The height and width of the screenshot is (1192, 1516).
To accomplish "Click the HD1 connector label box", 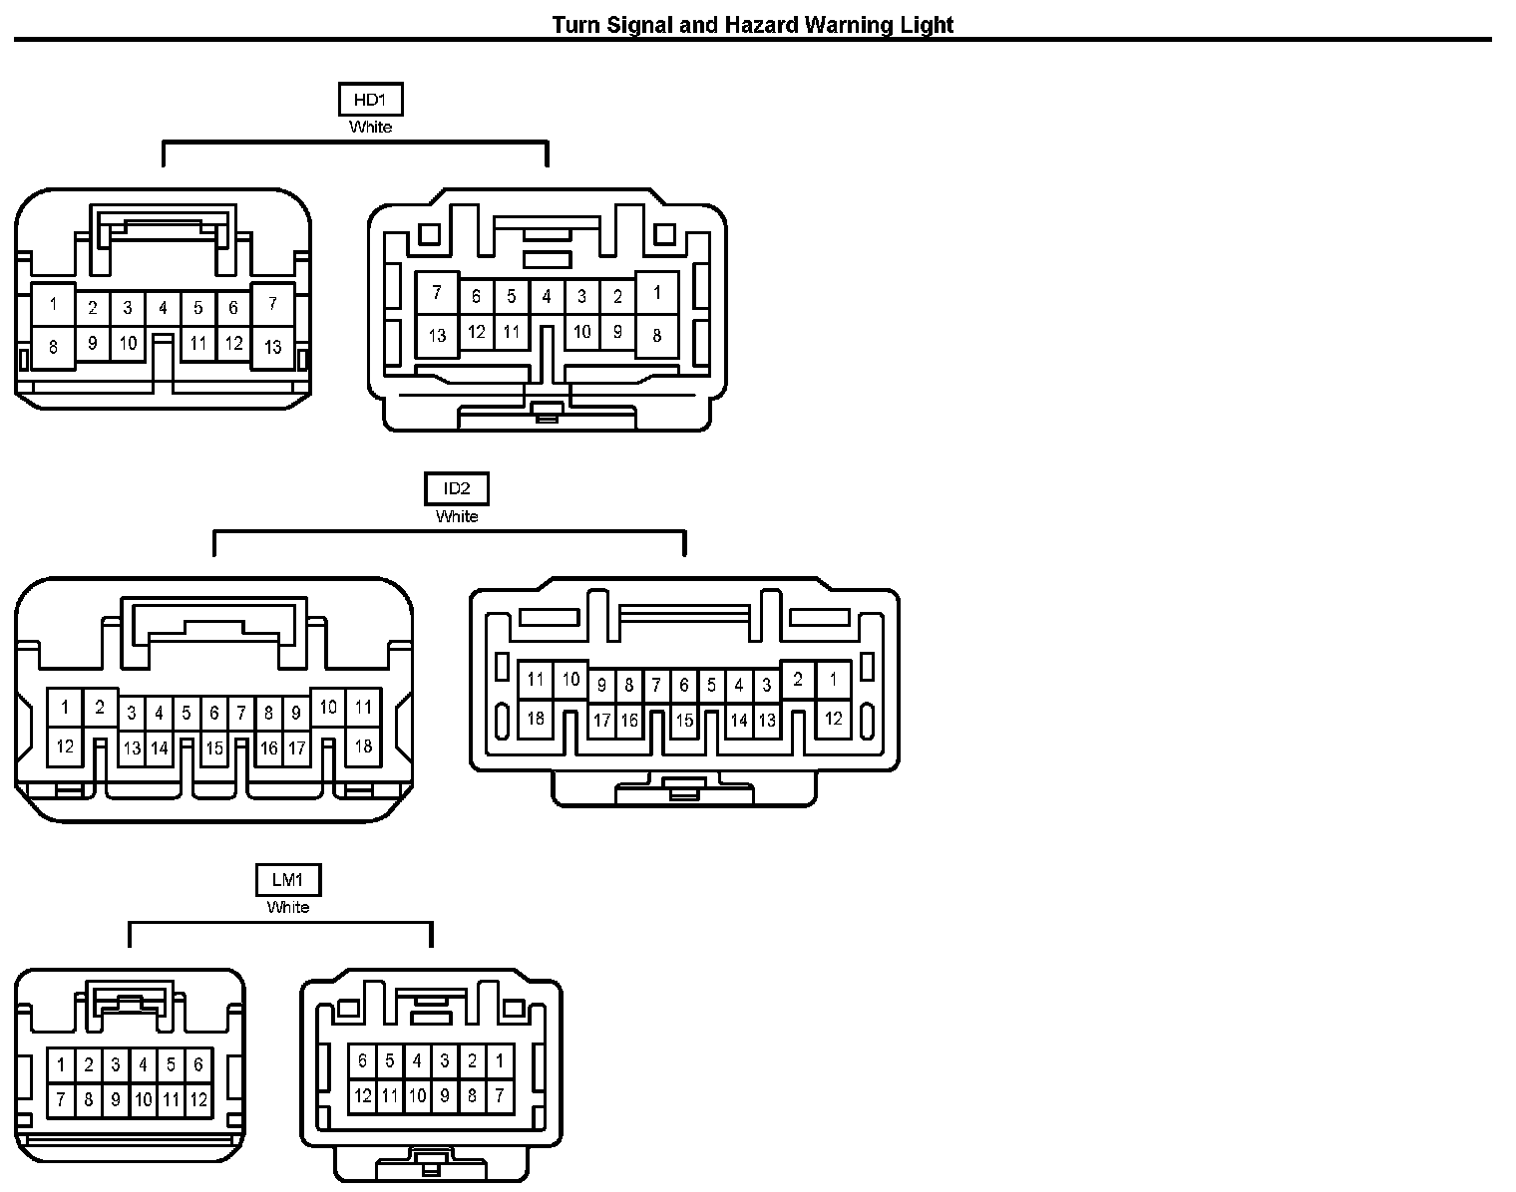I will point(370,100).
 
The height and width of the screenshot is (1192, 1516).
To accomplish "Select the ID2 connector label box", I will point(457,488).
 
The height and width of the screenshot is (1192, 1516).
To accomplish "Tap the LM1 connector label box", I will point(288,879).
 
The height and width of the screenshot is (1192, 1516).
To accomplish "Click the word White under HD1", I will point(370,128).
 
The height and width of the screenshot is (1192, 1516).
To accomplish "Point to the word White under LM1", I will point(288,907).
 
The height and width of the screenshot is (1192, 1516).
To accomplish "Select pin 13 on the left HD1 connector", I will point(272,347).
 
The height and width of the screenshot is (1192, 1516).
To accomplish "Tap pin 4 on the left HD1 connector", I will point(163,308).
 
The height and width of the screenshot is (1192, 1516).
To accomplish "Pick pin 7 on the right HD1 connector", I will point(436,293).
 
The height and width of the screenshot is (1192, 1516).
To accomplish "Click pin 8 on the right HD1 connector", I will point(656,335).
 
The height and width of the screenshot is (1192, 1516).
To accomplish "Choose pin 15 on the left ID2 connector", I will point(213,747).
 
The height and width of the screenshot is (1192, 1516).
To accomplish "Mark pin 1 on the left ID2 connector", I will point(65,709).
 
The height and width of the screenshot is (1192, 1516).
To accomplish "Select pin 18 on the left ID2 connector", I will point(363,745).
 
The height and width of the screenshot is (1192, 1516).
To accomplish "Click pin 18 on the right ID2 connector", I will point(536,718).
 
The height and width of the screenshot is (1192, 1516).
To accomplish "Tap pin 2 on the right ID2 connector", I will point(797,681).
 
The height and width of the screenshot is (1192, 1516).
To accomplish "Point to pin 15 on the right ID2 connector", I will point(684,720).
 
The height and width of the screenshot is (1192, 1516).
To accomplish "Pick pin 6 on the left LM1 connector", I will point(198,1064).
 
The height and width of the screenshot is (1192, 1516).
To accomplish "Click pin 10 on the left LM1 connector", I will point(144,1099).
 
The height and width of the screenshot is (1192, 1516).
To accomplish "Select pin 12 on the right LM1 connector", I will point(362,1096).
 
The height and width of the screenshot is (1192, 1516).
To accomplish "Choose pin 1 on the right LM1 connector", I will point(499,1061).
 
